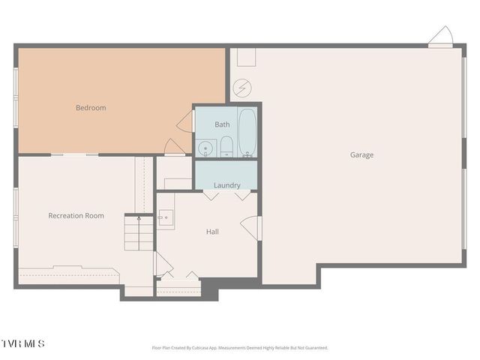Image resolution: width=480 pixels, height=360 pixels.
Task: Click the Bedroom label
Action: click(91, 107)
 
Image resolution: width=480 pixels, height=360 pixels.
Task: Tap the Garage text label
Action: click(361, 155)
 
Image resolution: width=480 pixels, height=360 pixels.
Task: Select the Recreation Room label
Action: click(76, 216)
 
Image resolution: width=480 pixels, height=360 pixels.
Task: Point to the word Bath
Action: click(222, 124)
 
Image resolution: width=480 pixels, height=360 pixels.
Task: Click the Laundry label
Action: click(226, 185)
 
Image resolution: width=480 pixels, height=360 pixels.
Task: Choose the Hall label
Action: click(212, 232)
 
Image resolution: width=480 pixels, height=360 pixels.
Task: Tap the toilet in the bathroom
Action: click(226, 147)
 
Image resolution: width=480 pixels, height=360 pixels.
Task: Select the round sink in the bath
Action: click(204, 148)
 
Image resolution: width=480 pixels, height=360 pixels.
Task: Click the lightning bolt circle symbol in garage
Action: click(241, 88)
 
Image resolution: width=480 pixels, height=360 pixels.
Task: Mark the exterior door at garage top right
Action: click(440, 37)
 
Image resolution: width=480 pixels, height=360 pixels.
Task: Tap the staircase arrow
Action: click(139, 218)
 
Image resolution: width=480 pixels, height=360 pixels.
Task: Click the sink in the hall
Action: click(166, 219)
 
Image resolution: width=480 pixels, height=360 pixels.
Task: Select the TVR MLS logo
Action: click(22, 343)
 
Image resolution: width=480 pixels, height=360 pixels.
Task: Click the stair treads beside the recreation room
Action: click(139, 234)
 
